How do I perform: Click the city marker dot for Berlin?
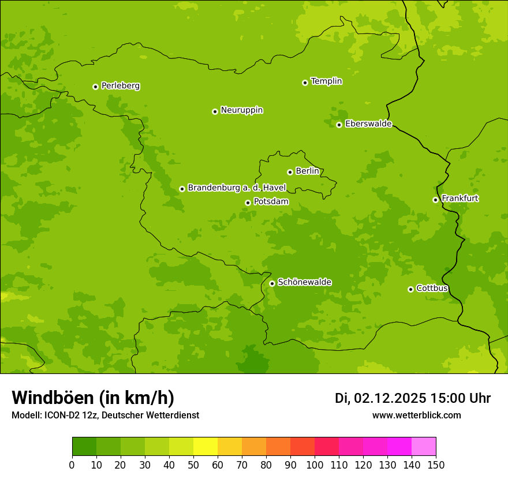click(x=290, y=172)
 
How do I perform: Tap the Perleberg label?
click(x=120, y=86)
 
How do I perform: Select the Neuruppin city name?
click(x=241, y=110)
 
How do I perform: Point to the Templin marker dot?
click(x=305, y=83)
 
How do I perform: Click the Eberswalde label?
click(x=368, y=124)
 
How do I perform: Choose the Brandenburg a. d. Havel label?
click(x=237, y=188)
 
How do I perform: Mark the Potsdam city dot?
click(x=248, y=203)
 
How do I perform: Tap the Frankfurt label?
click(x=460, y=199)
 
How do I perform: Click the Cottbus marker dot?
click(x=410, y=289)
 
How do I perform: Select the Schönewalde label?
click(x=304, y=282)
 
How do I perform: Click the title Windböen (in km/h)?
click(x=93, y=398)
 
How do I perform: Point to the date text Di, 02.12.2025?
click(x=380, y=398)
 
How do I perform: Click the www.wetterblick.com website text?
click(x=416, y=415)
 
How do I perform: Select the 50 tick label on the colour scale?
click(x=193, y=465)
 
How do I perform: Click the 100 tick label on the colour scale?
click(x=315, y=465)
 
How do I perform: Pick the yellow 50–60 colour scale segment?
click(x=206, y=447)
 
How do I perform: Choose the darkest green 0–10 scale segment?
click(x=84, y=447)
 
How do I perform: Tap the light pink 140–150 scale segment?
click(x=424, y=447)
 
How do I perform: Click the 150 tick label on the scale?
click(x=436, y=465)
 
